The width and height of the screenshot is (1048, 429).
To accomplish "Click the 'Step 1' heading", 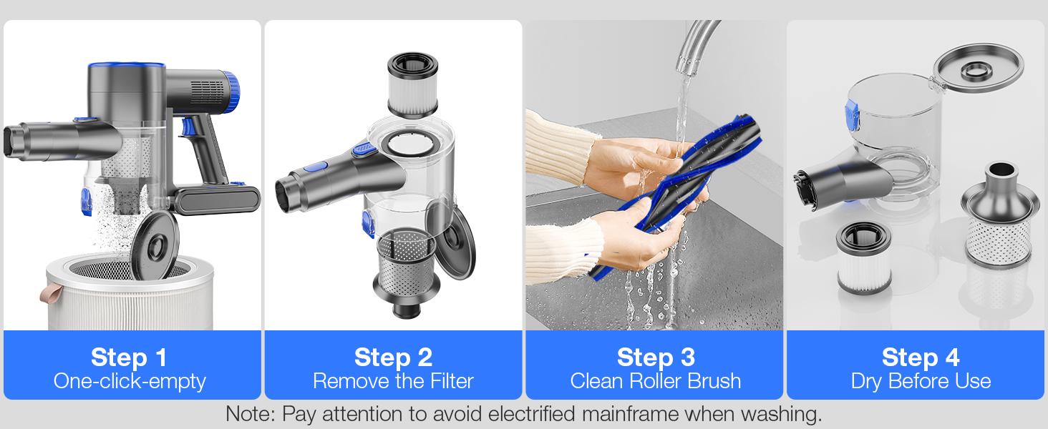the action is tap(129, 357).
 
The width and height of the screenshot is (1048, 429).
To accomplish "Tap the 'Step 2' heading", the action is tap(393, 357).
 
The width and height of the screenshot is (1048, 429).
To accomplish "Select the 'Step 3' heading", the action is tap(656, 357).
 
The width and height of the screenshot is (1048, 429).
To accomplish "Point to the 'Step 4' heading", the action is tap(921, 357).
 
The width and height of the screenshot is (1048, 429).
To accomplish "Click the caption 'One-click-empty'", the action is tap(130, 381).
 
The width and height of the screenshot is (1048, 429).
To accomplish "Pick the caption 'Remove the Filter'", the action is tap(393, 381).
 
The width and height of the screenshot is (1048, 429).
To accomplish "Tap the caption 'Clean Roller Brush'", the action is tap(656, 381).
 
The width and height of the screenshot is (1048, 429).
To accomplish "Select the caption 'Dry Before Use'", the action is tap(921, 381).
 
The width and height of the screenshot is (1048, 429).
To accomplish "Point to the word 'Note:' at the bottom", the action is tap(251, 414).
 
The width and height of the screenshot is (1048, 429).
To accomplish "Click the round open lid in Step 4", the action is tap(979, 68).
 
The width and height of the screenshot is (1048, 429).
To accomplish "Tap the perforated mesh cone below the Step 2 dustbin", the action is tap(406, 272).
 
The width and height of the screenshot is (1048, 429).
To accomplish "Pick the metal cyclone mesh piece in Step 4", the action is tap(1000, 215).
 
